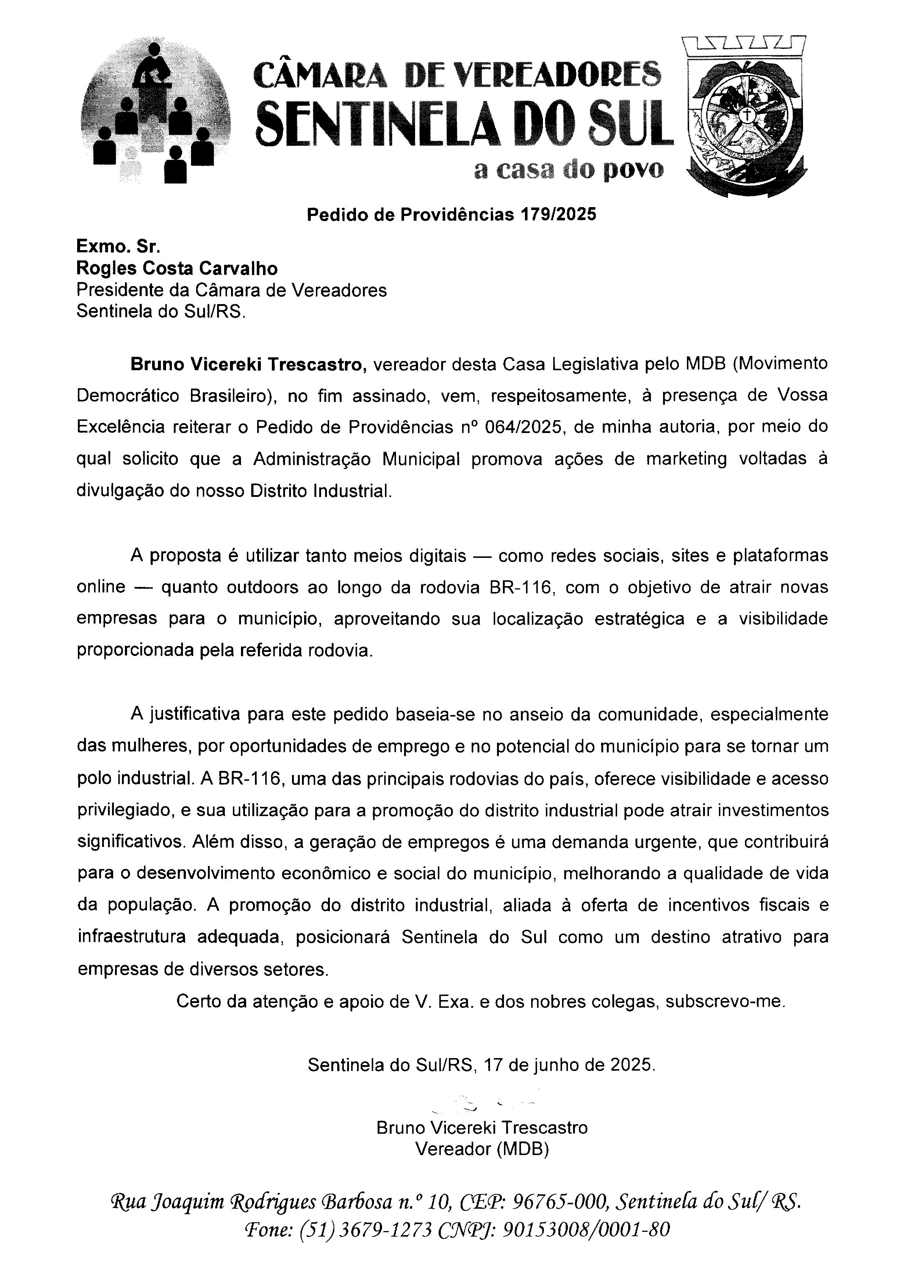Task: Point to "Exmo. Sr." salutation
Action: (118, 246)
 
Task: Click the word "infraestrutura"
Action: (131, 937)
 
